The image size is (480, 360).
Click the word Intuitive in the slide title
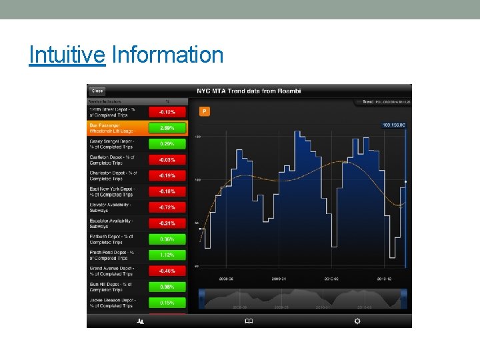(67, 55)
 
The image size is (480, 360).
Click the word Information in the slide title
(168, 55)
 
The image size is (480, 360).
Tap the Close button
(97, 91)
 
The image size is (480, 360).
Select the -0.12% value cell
(167, 112)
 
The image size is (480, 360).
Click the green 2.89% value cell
(167, 127)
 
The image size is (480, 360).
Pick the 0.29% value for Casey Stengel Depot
(167, 144)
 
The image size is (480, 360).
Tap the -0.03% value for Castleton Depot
(167, 160)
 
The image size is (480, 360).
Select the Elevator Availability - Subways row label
(112, 207)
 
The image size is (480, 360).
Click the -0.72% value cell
(167, 207)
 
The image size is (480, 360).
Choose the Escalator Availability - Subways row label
(112, 223)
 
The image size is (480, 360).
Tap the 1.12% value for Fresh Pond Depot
(167, 255)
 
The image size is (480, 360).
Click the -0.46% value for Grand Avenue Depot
(167, 271)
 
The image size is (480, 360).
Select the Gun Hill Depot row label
(112, 287)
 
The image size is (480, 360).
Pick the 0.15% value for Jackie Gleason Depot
(167, 303)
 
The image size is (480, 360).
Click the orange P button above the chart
(205, 111)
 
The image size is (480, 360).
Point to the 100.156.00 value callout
(393, 125)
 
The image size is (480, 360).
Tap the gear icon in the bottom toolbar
(357, 321)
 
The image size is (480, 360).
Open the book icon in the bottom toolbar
(249, 321)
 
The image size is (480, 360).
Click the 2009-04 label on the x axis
(279, 279)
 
